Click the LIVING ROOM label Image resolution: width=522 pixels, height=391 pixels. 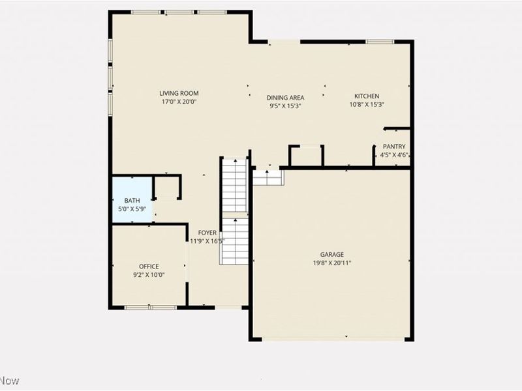click(179, 93)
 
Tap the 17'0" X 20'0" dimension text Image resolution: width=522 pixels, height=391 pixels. click(179, 102)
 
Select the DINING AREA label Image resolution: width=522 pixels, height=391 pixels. click(285, 98)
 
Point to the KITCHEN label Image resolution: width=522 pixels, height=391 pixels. click(366, 96)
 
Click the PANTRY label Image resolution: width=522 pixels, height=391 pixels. click(394, 147)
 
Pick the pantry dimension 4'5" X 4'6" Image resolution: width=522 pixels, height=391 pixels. click(394, 155)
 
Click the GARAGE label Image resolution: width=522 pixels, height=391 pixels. click(331, 254)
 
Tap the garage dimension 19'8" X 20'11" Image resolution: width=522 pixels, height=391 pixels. click(331, 263)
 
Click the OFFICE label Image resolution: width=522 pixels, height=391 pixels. click(149, 267)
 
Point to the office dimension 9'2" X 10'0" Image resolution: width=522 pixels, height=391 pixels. click(149, 275)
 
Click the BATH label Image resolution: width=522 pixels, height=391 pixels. click(132, 201)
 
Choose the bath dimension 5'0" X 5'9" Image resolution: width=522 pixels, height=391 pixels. click(132, 209)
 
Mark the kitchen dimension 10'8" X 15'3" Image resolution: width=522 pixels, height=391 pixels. click(366, 104)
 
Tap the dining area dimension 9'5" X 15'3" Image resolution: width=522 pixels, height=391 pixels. click(285, 106)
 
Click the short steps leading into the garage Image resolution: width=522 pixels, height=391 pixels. click(268, 177)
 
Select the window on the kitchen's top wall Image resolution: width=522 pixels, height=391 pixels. click(379, 42)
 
